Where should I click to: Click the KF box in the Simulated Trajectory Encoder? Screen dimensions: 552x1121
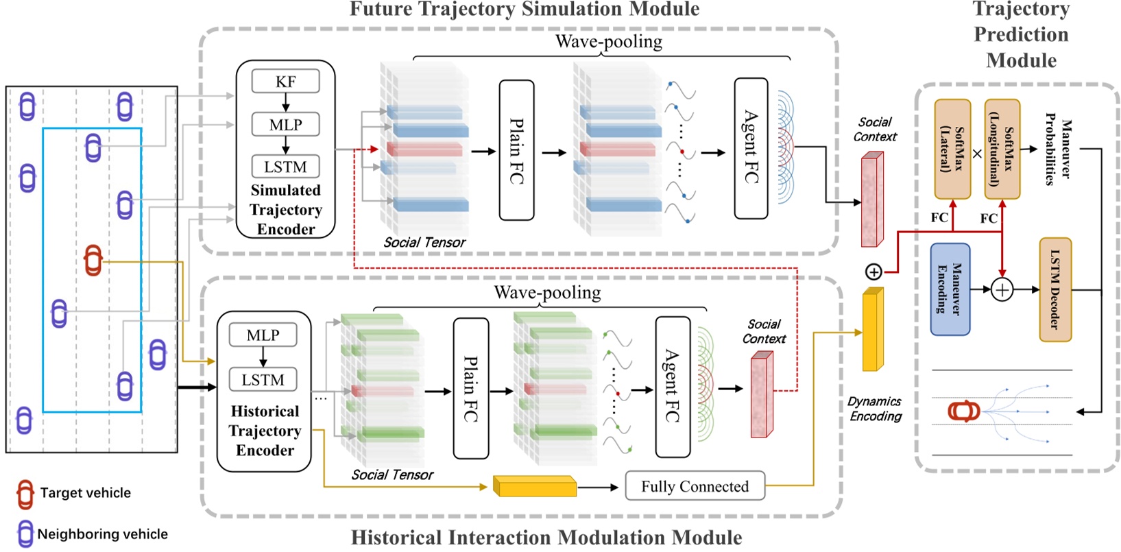point(285,82)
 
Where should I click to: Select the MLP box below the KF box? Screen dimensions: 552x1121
point(285,125)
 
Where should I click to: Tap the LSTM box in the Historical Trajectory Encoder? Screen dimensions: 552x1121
point(263,380)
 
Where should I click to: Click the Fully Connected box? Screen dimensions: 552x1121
point(695,486)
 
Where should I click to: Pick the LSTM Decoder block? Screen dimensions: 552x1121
point(1055,289)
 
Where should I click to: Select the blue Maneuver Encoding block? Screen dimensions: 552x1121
point(950,289)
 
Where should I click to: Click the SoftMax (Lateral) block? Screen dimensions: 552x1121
point(952,149)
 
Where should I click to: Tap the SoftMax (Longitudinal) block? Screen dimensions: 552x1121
point(1002,149)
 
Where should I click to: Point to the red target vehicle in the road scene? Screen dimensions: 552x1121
point(93,261)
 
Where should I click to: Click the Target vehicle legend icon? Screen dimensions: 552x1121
point(25,494)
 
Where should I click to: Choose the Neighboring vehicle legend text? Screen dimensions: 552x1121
point(102,534)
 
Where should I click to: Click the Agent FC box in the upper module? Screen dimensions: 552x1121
point(751,148)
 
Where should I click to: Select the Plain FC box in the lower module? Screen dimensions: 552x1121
point(471,388)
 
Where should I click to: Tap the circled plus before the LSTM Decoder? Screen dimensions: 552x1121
point(1002,290)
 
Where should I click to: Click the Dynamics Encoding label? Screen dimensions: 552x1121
point(875,409)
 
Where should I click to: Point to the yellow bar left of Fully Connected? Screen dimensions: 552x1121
point(535,486)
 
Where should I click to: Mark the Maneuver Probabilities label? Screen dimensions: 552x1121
point(1057,149)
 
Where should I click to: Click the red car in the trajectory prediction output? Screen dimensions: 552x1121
point(964,411)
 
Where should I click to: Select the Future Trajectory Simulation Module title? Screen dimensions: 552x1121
point(525,9)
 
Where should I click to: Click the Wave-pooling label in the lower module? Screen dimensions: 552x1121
point(547,293)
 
